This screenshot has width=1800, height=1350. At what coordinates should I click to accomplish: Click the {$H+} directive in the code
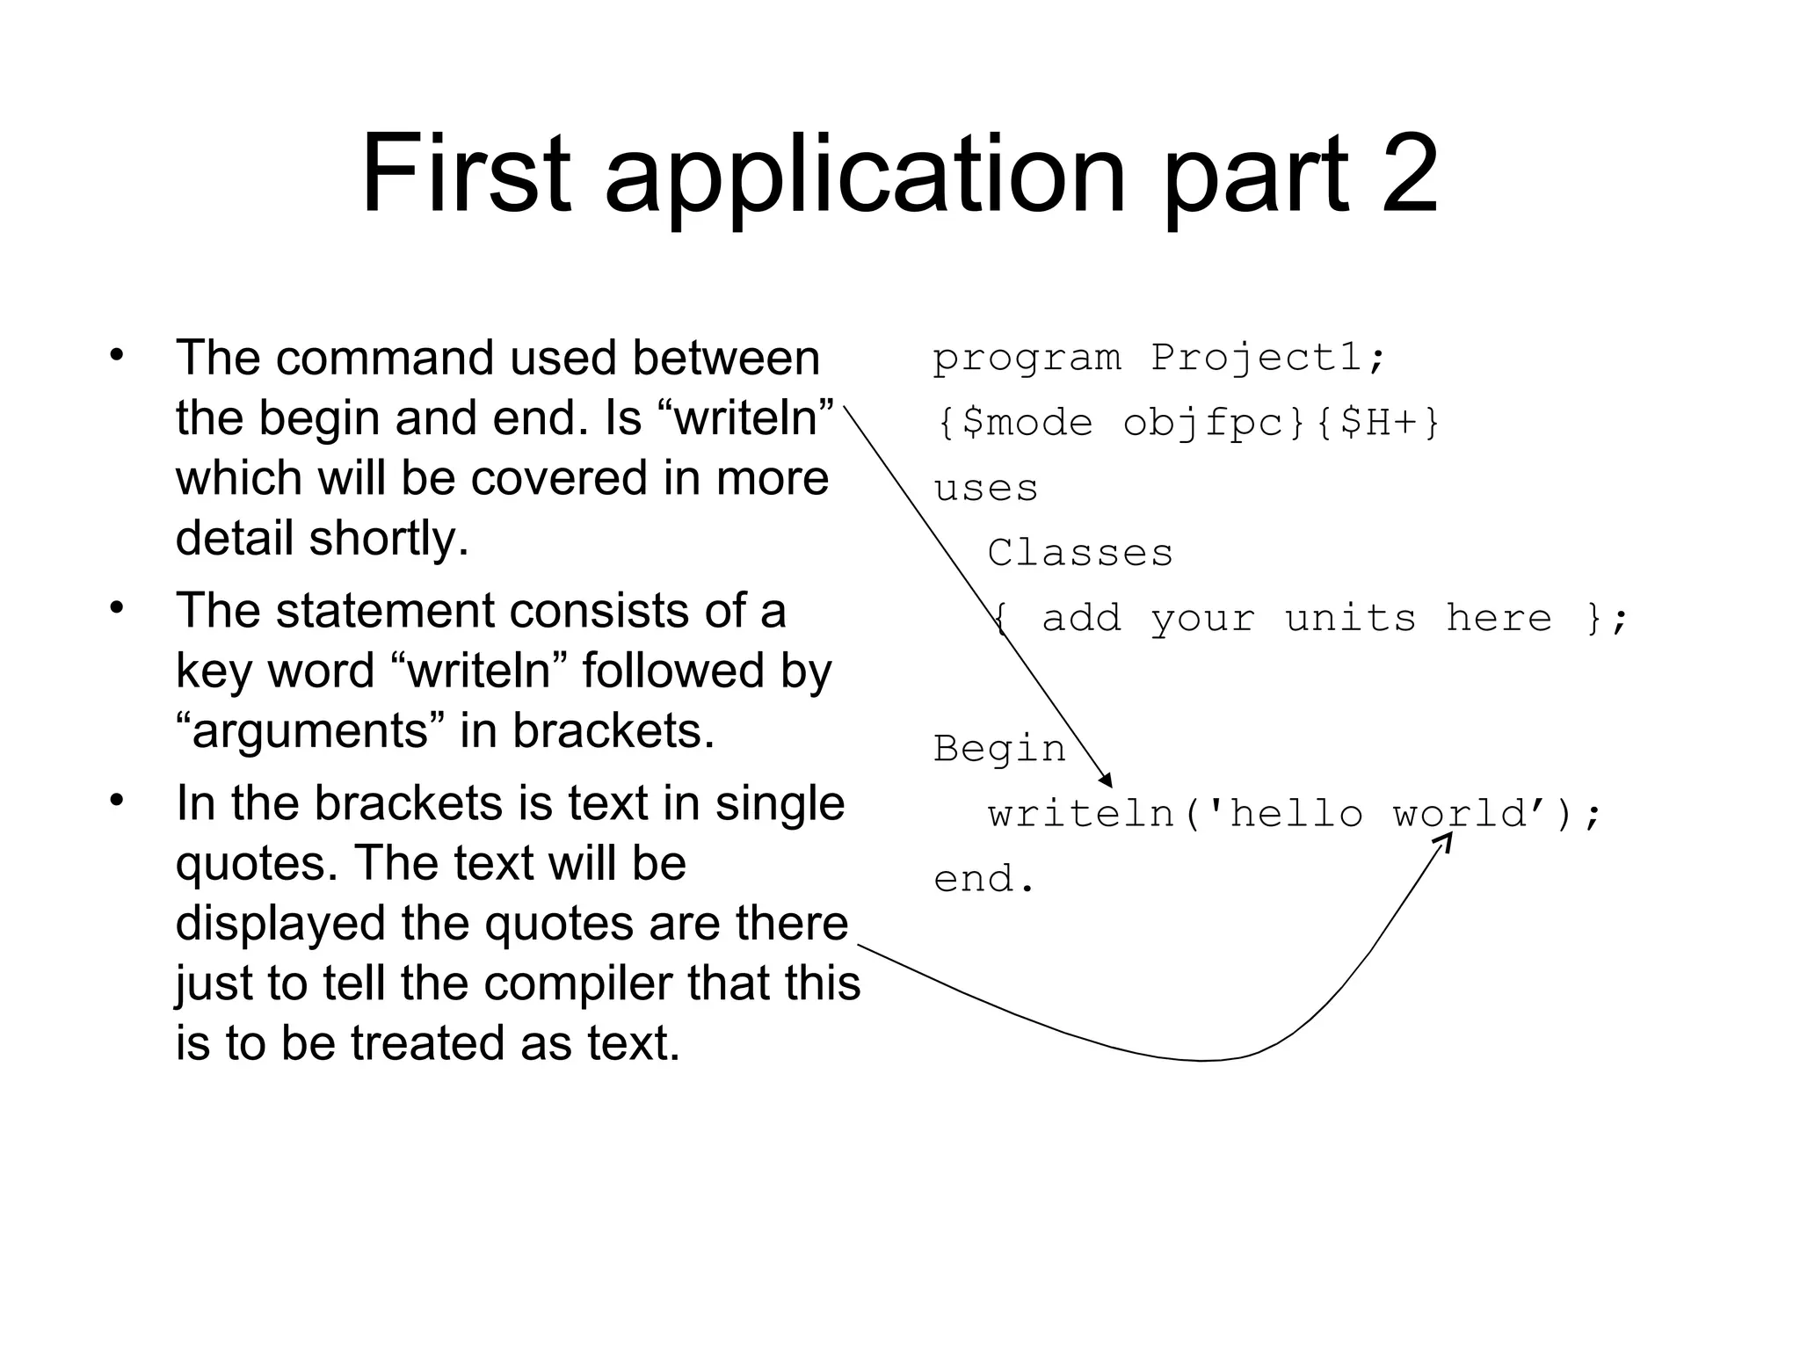point(1377,423)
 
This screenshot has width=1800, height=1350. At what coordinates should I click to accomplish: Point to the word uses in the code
point(985,489)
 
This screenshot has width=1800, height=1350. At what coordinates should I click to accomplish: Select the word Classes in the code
point(1079,554)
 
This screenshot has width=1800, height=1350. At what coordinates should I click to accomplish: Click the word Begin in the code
point(999,749)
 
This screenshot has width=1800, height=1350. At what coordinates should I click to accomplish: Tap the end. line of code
point(984,879)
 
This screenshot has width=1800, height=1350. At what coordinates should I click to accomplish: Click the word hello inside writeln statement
point(1296,814)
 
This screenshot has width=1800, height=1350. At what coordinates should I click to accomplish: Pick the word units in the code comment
point(1350,619)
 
